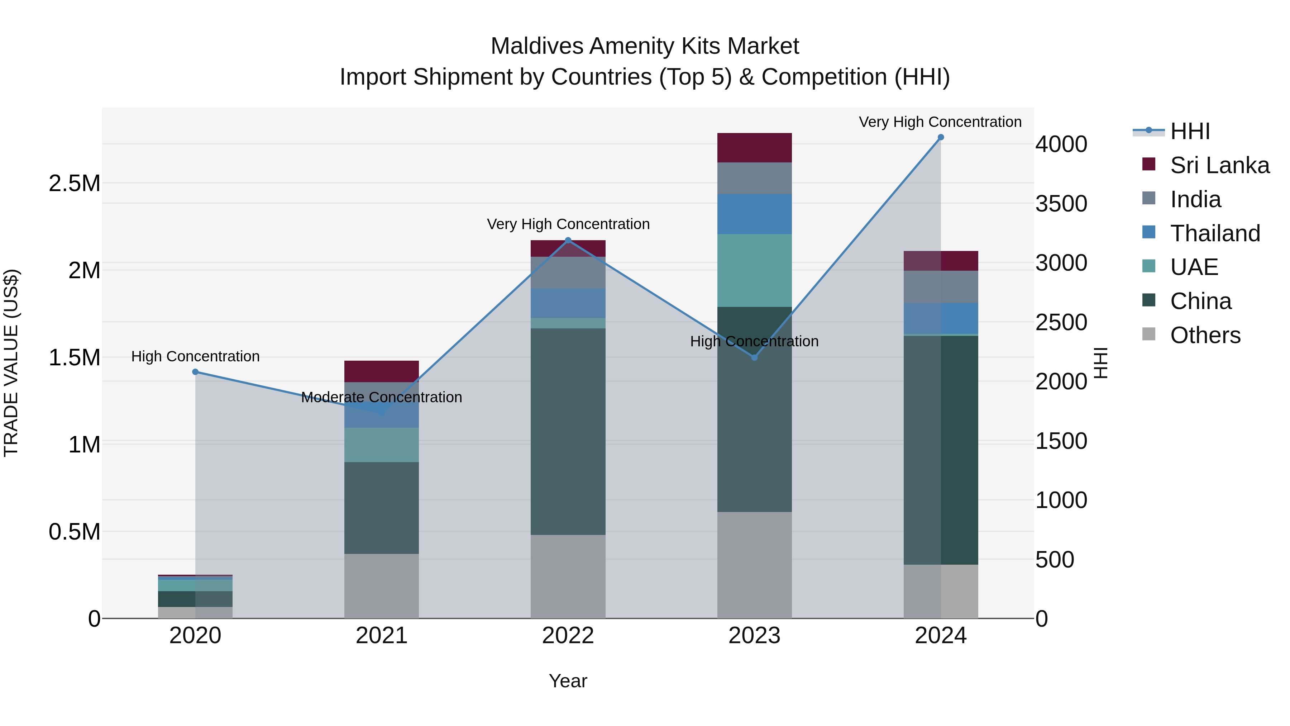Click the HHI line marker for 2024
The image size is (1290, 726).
point(941,137)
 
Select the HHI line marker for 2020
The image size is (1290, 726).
point(195,372)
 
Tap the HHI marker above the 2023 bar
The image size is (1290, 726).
point(755,357)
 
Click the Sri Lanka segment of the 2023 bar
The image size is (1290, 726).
point(754,148)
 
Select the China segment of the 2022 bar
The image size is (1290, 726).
point(568,431)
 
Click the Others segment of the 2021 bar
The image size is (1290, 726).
point(382,586)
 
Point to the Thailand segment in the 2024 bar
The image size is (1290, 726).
point(941,318)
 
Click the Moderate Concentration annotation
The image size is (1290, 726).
point(382,397)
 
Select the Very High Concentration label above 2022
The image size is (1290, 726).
point(568,224)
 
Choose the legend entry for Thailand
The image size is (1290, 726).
point(1215,233)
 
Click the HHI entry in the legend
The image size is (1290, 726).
point(1190,131)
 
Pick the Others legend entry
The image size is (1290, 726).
point(1205,335)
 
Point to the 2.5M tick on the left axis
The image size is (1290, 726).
point(74,183)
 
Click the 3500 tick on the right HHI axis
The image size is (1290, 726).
point(1061,204)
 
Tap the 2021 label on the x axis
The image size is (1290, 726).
point(382,636)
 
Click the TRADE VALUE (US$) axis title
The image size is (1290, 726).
point(11,363)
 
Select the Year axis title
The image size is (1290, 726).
point(568,681)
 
